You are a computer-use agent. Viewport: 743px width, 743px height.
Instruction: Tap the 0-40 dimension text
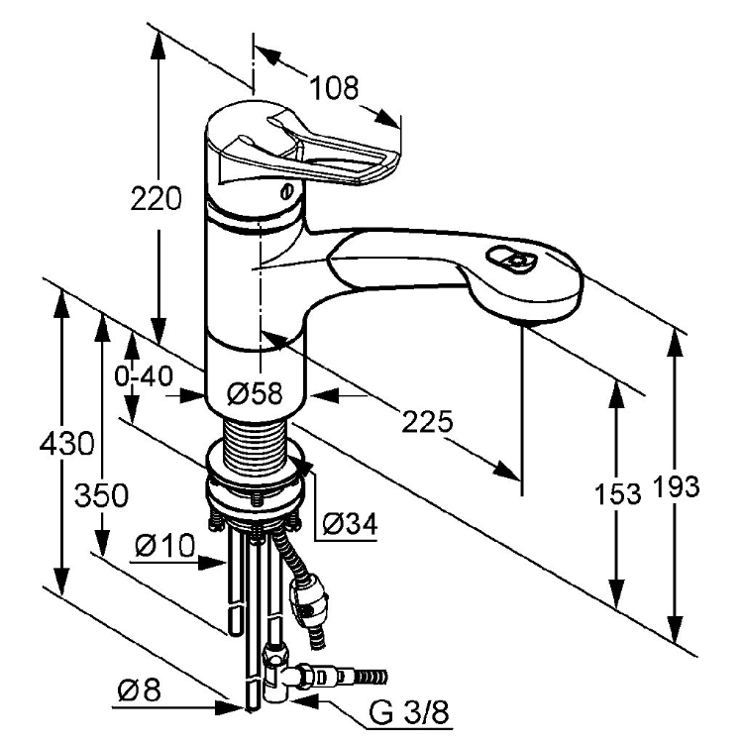(144, 377)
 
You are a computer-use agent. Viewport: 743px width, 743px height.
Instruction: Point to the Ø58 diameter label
(255, 394)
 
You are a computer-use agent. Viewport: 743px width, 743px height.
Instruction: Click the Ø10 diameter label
(162, 545)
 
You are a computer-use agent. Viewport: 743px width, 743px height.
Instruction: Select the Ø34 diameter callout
(350, 522)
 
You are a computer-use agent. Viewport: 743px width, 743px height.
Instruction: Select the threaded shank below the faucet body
(257, 437)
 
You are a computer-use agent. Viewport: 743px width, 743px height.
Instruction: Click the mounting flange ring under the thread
(256, 485)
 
